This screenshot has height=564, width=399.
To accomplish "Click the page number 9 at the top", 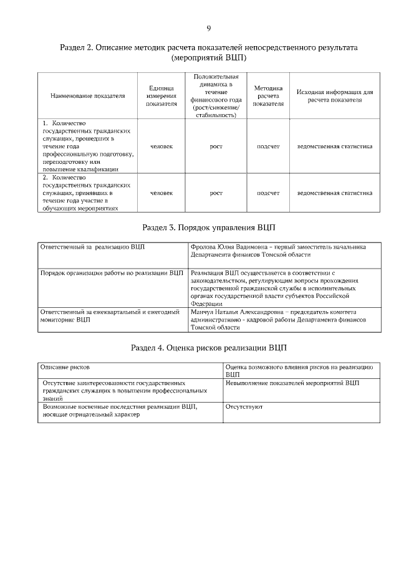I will (x=209, y=28).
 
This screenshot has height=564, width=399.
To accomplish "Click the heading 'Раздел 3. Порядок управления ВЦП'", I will (x=208, y=228).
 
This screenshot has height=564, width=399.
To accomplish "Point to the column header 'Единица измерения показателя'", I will (x=161, y=97).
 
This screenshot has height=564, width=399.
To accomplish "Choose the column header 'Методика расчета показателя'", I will (x=268, y=96).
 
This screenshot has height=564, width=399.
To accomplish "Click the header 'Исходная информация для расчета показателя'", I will (x=335, y=96).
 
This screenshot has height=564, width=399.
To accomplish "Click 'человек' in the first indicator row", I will (x=161, y=146).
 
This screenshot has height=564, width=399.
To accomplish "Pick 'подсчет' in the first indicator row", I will (x=268, y=146).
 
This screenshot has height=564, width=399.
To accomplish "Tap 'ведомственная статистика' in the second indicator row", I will (x=335, y=193).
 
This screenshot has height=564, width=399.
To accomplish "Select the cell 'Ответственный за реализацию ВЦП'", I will (x=92, y=247).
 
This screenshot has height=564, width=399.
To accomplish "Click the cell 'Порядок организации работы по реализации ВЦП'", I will (x=112, y=273).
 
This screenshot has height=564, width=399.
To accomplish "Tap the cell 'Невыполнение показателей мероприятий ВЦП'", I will (x=292, y=382).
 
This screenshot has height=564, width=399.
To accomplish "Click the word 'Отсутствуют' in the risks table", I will (x=244, y=406).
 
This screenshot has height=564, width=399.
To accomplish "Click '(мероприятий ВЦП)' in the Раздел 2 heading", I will (x=208, y=58).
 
